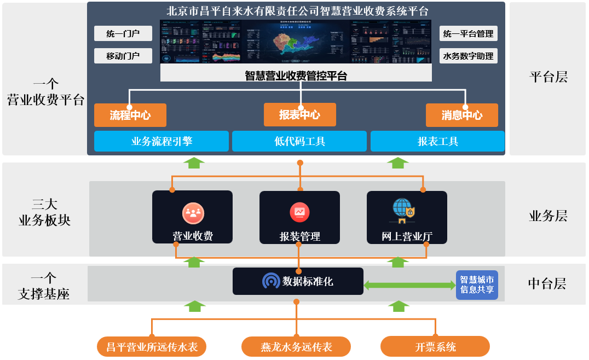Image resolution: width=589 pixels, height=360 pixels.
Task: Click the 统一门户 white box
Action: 123,34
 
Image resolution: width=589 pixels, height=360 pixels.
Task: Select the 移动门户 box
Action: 123,56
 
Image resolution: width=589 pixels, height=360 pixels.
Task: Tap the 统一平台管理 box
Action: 468,34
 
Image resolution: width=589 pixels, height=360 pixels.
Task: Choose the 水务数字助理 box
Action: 468,56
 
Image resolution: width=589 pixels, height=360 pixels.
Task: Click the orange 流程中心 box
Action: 130,115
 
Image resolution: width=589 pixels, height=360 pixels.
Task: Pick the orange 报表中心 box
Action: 300,115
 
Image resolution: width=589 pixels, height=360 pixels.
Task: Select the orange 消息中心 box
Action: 462,115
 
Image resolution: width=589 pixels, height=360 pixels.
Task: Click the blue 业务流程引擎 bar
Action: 161,141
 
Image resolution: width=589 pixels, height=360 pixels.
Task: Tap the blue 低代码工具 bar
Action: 300,141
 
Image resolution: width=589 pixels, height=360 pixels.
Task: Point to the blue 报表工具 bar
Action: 437,141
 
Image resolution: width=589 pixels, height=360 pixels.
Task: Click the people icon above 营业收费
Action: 193,213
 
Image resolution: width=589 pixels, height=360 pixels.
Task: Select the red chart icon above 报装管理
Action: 300,212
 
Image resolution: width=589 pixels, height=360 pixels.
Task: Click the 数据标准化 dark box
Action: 298,281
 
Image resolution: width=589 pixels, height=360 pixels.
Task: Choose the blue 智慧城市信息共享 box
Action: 477,284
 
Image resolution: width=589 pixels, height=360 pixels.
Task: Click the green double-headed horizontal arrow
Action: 409,285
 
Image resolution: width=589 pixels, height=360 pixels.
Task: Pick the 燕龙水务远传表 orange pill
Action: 296,347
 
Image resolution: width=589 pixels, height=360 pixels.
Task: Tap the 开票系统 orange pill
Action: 435,347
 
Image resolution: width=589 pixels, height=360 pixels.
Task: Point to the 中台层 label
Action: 547,283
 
